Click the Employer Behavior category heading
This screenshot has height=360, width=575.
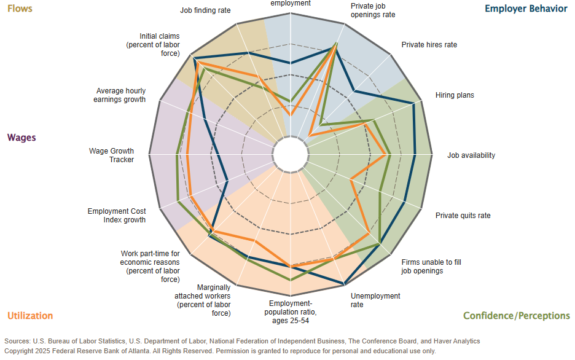526,9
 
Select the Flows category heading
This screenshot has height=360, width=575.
20,9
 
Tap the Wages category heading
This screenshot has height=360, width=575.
22,138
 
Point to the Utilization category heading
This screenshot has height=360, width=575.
30,316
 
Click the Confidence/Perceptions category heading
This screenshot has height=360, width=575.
516,316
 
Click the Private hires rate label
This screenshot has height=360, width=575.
429,45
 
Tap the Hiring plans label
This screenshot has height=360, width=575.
455,95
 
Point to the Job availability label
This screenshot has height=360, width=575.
471,155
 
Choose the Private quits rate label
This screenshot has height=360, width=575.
463,216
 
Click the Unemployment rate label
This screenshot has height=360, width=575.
375,300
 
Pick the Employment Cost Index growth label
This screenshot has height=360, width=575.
116,216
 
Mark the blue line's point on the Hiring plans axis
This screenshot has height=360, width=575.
413,104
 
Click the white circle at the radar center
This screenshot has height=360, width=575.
289,153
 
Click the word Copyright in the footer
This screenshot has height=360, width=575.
21,351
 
